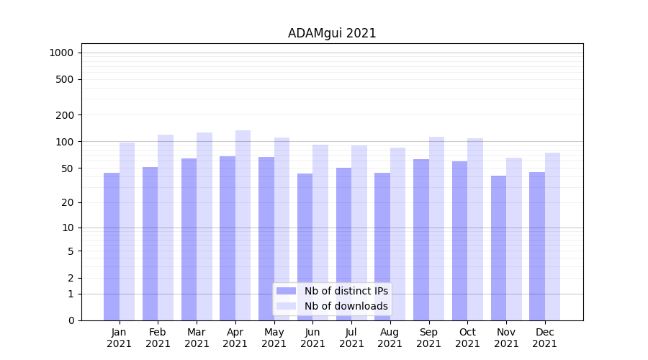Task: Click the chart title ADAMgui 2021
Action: (332, 33)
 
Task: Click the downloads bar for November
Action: (513, 238)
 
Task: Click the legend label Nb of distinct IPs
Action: (346, 291)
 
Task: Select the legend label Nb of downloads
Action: (346, 306)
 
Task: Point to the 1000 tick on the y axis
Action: (61, 53)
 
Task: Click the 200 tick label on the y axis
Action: (65, 115)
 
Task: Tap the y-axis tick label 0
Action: (71, 320)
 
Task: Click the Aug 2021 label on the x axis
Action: (390, 338)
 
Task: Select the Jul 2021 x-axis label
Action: (351, 338)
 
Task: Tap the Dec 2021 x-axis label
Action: (544, 338)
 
